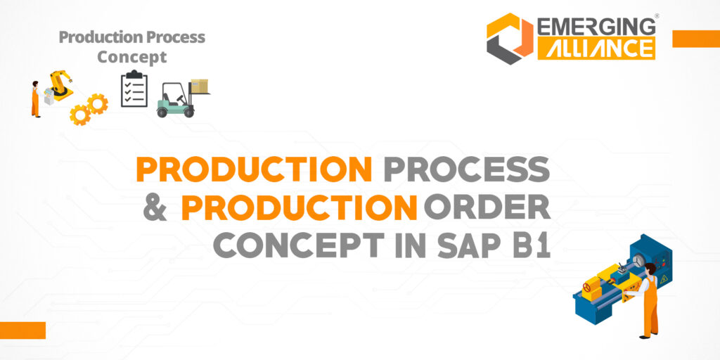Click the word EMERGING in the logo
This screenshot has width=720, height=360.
click(x=596, y=27)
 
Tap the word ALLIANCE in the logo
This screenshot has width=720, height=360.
click(x=596, y=48)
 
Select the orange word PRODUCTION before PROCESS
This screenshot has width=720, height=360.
click(x=255, y=169)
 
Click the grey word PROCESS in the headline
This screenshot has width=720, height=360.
click(x=465, y=169)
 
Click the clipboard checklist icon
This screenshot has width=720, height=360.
click(x=134, y=89)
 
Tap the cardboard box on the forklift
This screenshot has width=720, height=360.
click(x=200, y=86)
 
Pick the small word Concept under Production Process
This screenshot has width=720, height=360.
click(x=132, y=57)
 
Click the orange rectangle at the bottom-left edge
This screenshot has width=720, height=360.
click(x=22, y=330)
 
